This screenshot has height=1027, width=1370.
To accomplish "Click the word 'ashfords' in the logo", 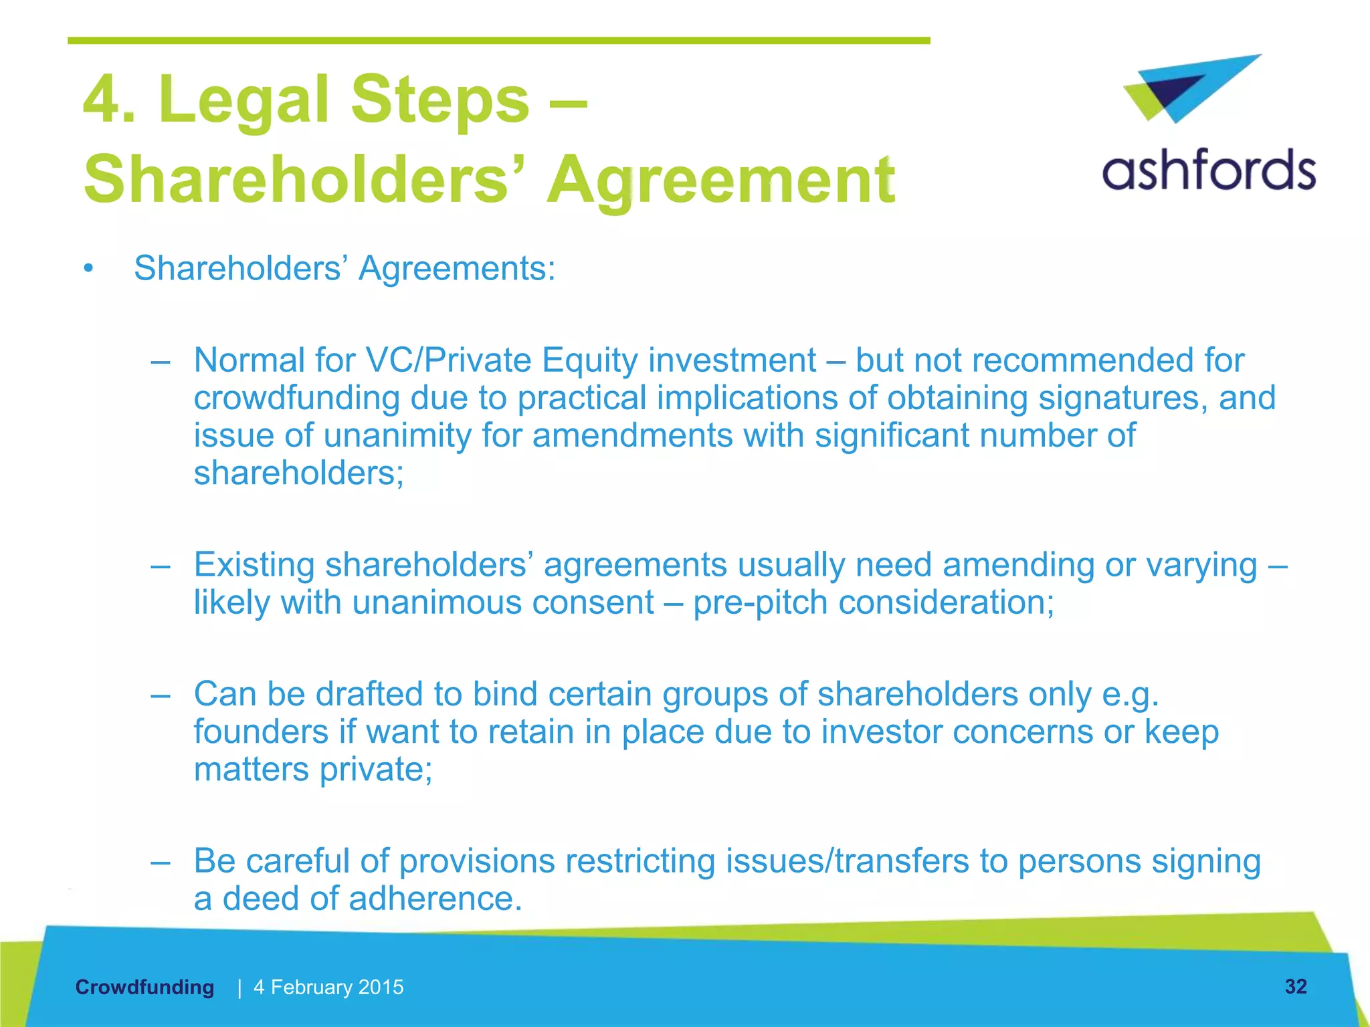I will [1208, 170].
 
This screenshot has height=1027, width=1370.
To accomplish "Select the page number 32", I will [1295, 986].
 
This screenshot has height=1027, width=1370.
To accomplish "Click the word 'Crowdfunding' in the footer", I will [144, 987].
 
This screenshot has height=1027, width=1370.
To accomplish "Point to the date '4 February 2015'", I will [328, 987].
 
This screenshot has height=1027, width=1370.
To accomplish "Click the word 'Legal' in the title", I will [244, 100].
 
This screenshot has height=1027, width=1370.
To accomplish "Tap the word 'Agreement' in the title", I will [720, 179].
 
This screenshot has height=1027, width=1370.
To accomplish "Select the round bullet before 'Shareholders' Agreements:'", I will [88, 269].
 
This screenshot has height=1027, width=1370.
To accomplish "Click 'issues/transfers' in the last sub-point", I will [848, 861].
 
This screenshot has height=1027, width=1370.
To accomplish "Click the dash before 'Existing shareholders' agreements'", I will [161, 566].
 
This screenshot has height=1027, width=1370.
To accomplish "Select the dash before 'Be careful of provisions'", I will [161, 861].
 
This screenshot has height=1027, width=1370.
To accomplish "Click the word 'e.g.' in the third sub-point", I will [1130, 694].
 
